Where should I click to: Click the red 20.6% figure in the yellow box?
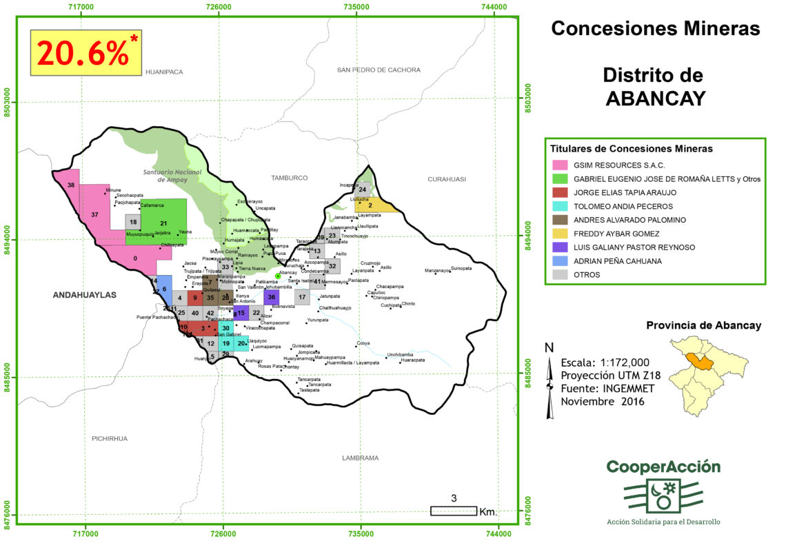click(x=83, y=52)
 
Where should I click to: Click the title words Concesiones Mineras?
click(x=655, y=28)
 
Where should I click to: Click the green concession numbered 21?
click(x=163, y=223)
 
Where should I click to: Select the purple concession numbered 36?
click(x=271, y=297)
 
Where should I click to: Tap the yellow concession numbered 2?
click(x=370, y=205)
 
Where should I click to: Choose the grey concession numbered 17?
click(x=301, y=297)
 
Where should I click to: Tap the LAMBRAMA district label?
click(x=361, y=458)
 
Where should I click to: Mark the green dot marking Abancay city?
click(x=278, y=276)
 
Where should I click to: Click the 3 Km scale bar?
click(x=454, y=511)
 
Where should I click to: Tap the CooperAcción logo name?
click(x=663, y=467)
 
